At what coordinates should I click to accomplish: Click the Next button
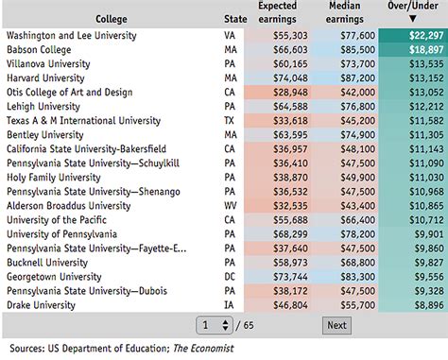point(336,324)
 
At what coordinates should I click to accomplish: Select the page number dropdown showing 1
point(215,324)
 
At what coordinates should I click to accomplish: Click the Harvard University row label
point(46,77)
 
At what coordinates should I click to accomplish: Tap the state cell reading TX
point(230,120)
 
